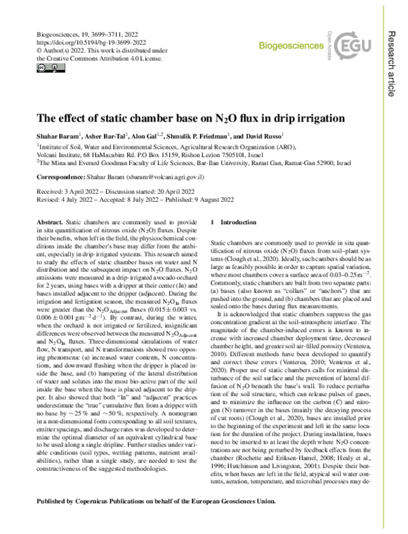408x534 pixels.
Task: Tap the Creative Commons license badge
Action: click(x=41, y=68)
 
